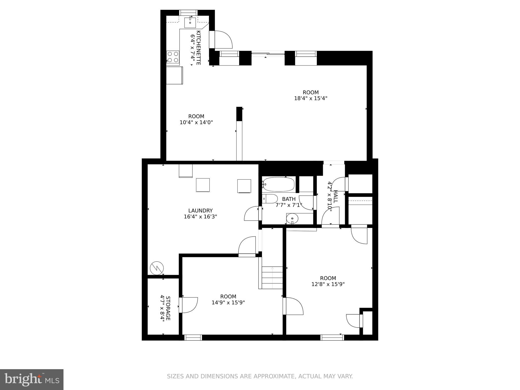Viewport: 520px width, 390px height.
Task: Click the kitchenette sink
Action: pos(190,22)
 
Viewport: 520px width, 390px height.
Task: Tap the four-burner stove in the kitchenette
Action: pos(173,57)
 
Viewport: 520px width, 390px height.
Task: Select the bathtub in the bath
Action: pos(279,184)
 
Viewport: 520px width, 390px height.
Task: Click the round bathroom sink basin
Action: pos(293,218)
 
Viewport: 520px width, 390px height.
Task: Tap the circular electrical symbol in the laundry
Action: pos(157,268)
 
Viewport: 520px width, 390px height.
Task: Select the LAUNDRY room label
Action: pos(200,210)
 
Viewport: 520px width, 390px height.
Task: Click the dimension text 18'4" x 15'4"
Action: pos(311,98)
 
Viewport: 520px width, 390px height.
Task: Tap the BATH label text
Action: pos(289,199)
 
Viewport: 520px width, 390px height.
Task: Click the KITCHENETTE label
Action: pos(199,48)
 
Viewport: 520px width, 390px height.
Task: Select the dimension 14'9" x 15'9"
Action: pos(228,302)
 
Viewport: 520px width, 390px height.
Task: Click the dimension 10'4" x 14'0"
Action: pos(196,122)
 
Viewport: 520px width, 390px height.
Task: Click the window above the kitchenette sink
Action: pos(188,12)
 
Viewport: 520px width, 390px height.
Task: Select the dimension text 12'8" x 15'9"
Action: pos(328,284)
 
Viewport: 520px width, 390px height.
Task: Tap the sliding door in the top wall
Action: pos(268,54)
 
